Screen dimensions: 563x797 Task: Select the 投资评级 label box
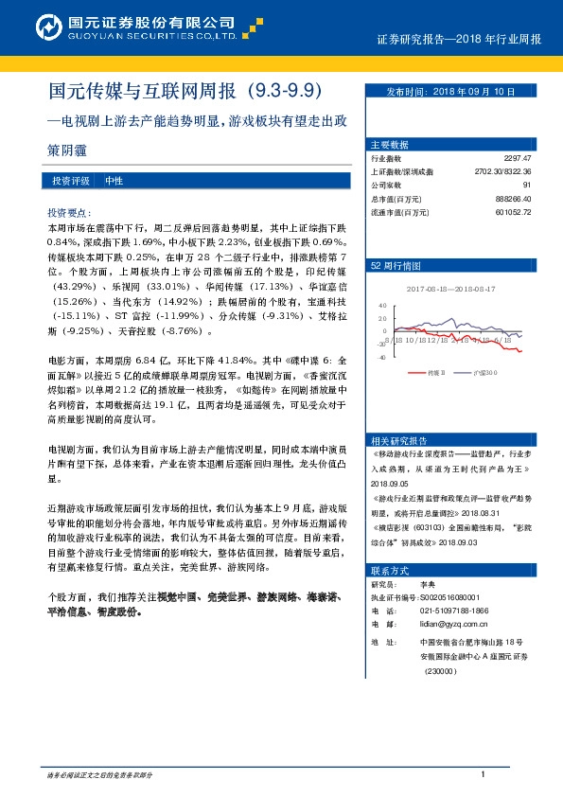(71, 180)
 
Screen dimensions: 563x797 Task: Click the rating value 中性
(114, 180)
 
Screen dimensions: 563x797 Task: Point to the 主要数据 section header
(390, 145)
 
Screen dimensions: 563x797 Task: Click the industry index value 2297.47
(518, 158)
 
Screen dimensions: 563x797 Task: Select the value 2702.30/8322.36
(502, 171)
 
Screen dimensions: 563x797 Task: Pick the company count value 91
(527, 185)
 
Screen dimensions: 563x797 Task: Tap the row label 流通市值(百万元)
(401, 211)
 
